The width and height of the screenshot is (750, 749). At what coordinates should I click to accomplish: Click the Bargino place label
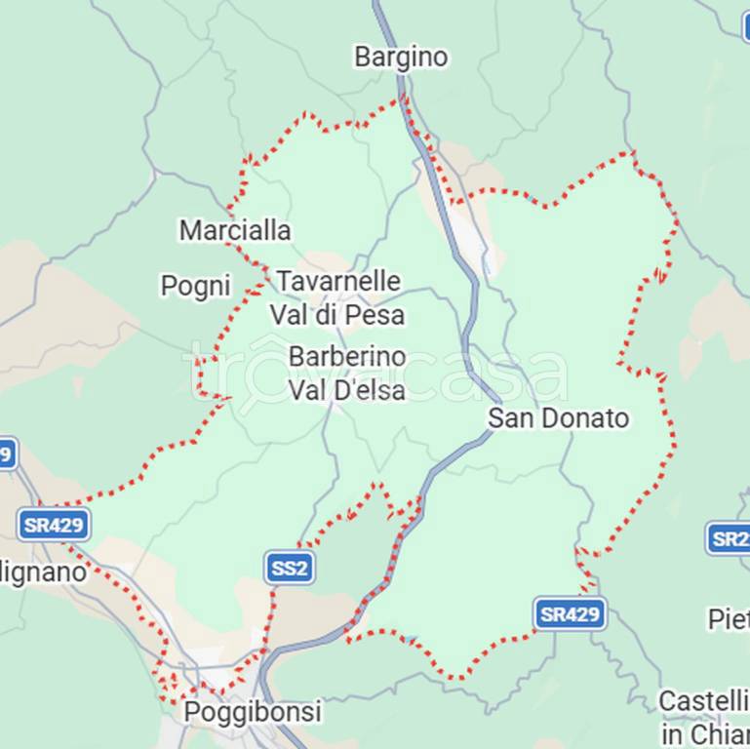pyautogui.click(x=401, y=58)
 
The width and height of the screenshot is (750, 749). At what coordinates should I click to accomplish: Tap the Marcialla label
pyautogui.click(x=235, y=230)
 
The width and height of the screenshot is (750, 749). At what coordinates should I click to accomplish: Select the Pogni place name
pyautogui.click(x=195, y=286)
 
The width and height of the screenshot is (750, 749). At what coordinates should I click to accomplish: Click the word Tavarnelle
pyautogui.click(x=338, y=282)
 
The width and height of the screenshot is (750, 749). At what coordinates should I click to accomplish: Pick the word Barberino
pyautogui.click(x=347, y=357)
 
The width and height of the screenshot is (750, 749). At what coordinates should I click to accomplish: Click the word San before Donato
pyautogui.click(x=508, y=418)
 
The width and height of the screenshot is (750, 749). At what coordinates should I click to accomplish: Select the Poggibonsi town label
pyautogui.click(x=253, y=712)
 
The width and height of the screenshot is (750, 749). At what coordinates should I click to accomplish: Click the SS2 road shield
pyautogui.click(x=290, y=567)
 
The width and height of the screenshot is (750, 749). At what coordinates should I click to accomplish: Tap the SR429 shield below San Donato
pyautogui.click(x=571, y=613)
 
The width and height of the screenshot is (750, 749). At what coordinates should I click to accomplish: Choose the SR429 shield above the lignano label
pyautogui.click(x=54, y=525)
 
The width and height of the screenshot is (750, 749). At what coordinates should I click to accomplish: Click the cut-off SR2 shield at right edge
pyautogui.click(x=730, y=538)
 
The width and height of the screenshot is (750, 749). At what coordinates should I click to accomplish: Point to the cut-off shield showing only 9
pyautogui.click(x=8, y=453)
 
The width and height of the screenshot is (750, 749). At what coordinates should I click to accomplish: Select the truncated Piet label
pyautogui.click(x=730, y=618)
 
